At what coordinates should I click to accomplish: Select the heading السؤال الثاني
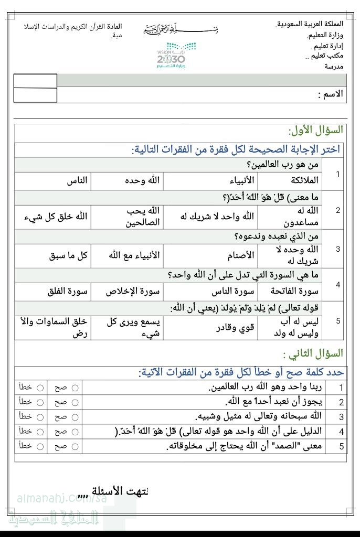coord(313,353)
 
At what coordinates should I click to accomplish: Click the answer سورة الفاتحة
coord(297,291)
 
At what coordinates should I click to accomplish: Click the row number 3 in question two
coord(341,417)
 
